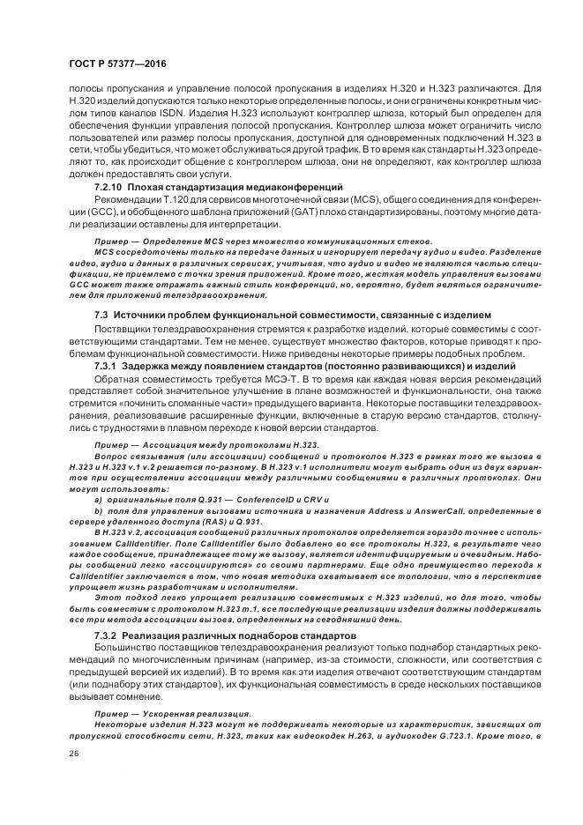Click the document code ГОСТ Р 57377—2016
pyautogui.click(x=116, y=64)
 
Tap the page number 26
pyautogui.click(x=73, y=754)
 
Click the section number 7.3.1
pyautogui.click(x=106, y=366)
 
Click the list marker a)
pyautogui.click(x=97, y=499)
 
